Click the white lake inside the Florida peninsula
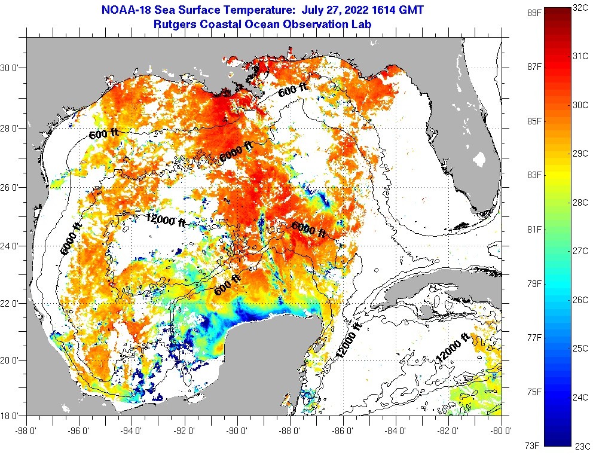[x=479, y=159]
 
